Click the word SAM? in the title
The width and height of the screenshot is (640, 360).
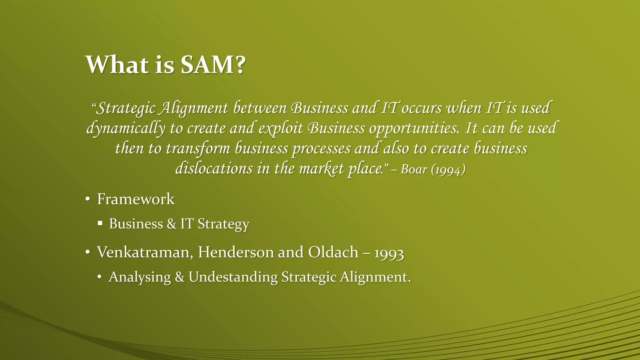(x=212, y=65)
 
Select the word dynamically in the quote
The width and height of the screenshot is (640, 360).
(x=126, y=128)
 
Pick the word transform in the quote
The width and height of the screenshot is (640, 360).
(x=198, y=148)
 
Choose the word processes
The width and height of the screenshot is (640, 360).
(x=321, y=148)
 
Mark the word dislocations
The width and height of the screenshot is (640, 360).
(x=214, y=169)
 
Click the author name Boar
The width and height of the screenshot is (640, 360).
(x=414, y=169)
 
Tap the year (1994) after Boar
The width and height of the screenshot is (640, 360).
(x=448, y=169)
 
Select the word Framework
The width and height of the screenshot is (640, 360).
(x=136, y=199)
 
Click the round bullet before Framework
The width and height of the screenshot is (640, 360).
(x=88, y=199)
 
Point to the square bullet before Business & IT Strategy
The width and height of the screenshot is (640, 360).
(x=100, y=223)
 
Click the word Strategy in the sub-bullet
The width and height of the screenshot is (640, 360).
(x=223, y=224)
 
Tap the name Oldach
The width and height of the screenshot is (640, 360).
(x=333, y=252)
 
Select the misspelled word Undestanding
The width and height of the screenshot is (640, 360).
(x=233, y=277)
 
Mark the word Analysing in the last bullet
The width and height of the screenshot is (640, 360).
(x=140, y=277)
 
